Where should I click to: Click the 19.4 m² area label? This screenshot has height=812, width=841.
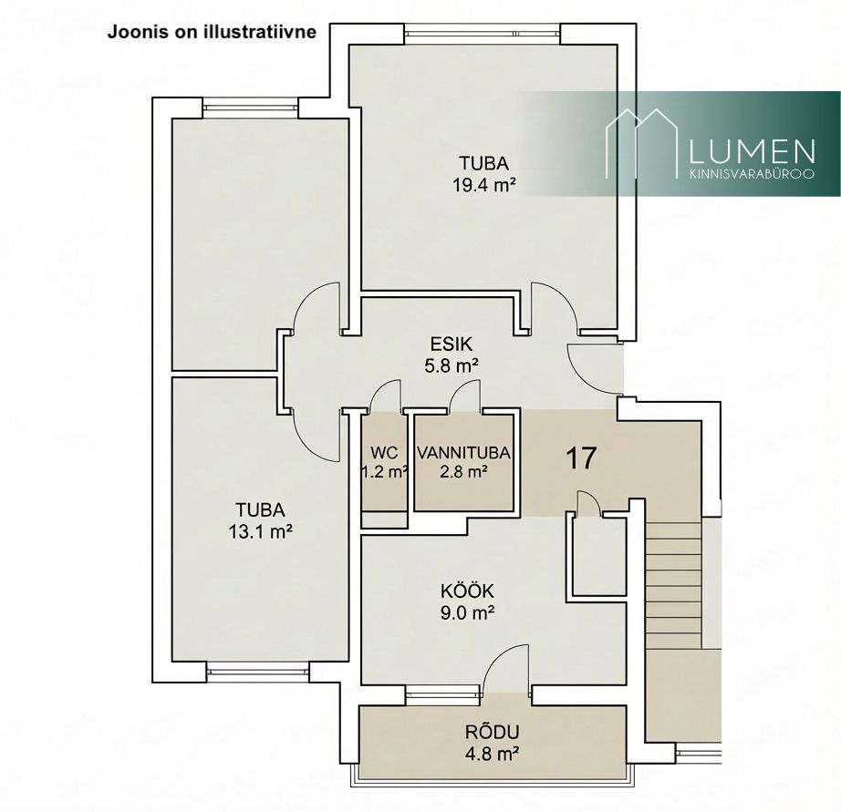coord(483,185)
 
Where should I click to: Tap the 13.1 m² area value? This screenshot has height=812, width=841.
coord(261,531)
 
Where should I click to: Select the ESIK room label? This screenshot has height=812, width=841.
coord(452,343)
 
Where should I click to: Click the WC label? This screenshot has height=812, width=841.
coord(384,453)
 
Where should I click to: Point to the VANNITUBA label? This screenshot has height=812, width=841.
coord(463,453)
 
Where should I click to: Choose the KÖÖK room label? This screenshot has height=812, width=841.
coord(467,591)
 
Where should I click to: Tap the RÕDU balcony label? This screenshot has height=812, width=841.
coord(492,732)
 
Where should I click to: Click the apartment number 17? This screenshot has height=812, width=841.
coord(581,458)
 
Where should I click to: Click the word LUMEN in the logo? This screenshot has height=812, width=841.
coord(752,151)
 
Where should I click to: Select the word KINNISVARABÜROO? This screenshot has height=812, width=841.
coord(752,174)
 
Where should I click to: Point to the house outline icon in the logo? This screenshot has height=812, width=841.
coord(642,143)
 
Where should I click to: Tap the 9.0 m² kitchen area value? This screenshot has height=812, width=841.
coord(467,612)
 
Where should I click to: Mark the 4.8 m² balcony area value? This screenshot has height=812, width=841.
coord(492,754)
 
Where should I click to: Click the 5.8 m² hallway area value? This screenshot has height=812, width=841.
coord(452,365)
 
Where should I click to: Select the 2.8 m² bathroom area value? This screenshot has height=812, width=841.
coord(463,472)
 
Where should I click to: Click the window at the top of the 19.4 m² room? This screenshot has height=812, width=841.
coord(483,34)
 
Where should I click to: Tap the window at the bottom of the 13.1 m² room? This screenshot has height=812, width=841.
coord(258,671)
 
